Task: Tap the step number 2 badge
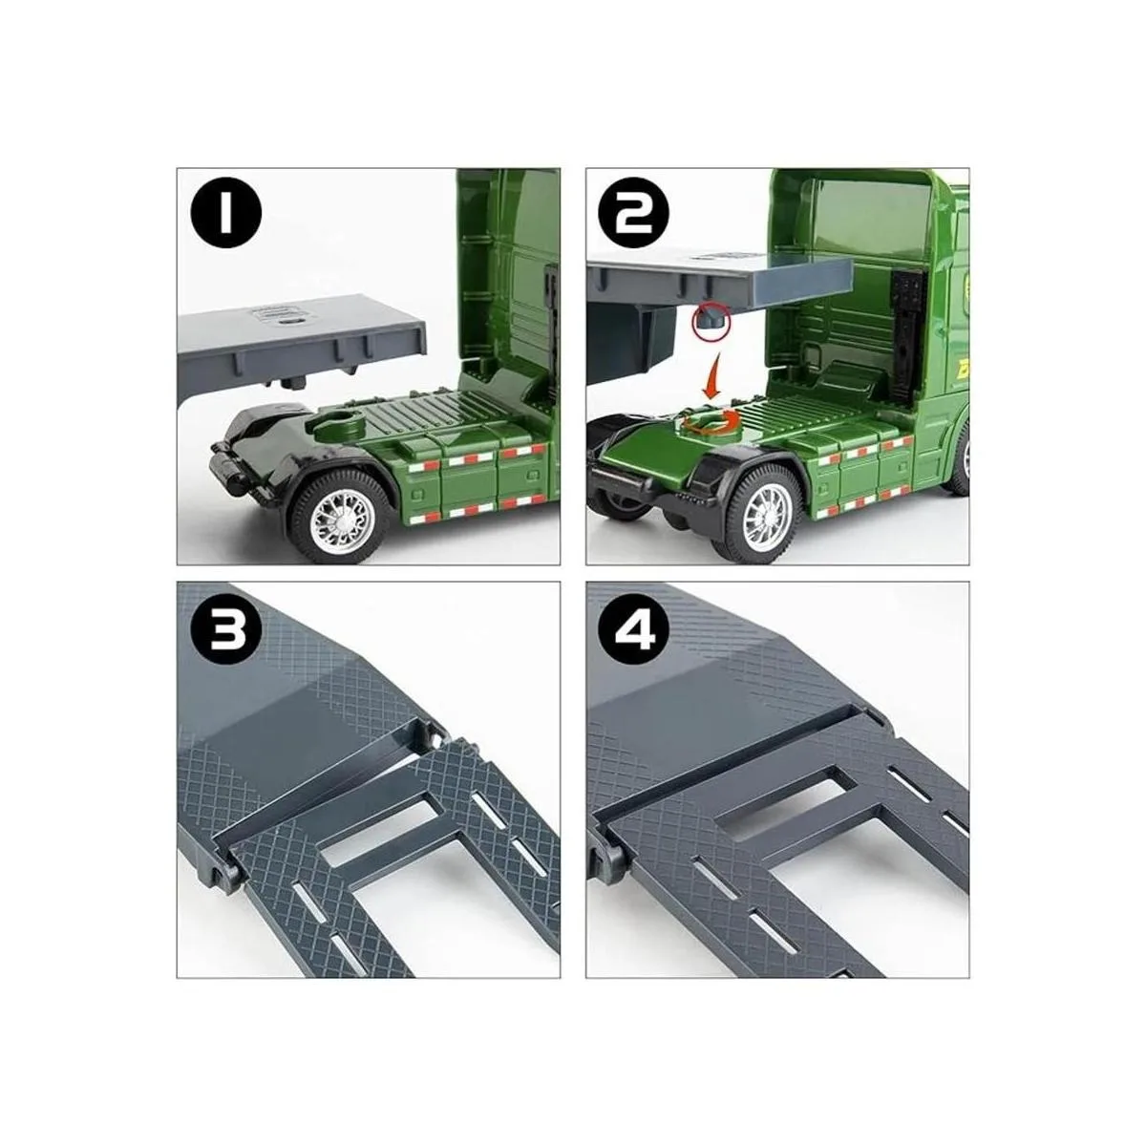(x=634, y=213)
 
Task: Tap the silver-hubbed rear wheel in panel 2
(x=762, y=507)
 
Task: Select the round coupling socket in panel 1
(x=346, y=426)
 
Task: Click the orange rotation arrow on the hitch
(x=711, y=420)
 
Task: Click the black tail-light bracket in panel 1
(x=228, y=468)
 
